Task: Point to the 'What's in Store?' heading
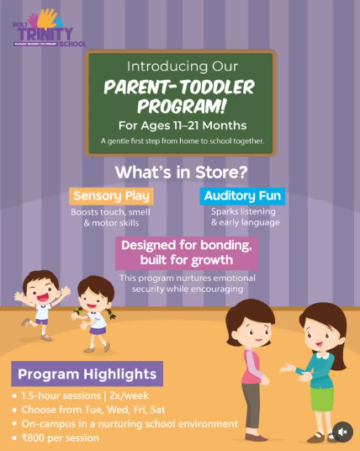pyautogui.click(x=180, y=172)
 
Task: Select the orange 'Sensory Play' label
pyautogui.click(x=111, y=197)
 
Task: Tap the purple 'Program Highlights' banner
pyautogui.click(x=87, y=374)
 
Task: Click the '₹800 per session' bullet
pyautogui.click(x=61, y=438)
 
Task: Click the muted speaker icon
pyautogui.click(x=341, y=432)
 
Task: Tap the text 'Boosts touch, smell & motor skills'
pyautogui.click(x=111, y=217)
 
